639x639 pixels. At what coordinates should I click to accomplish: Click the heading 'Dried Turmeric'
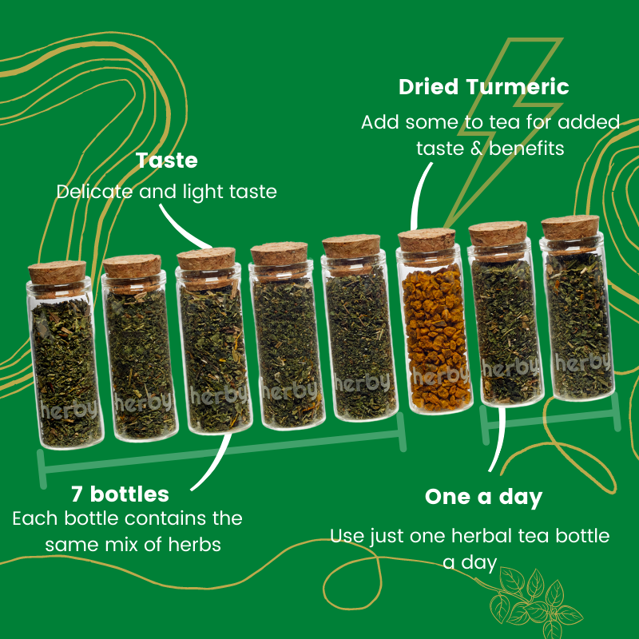pyautogui.click(x=484, y=87)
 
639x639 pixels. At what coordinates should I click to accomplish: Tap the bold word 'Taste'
pyautogui.click(x=167, y=161)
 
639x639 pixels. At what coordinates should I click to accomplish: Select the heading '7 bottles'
pyautogui.click(x=120, y=494)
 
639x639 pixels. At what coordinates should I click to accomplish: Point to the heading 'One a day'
pyautogui.click(x=484, y=497)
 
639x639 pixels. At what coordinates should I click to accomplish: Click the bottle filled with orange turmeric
pyautogui.click(x=435, y=322)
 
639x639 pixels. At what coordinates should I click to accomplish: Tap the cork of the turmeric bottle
pyautogui.click(x=427, y=240)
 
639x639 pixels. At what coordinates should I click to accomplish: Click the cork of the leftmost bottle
pyautogui.click(x=57, y=272)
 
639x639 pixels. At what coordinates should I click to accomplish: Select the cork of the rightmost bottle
pyautogui.click(x=570, y=227)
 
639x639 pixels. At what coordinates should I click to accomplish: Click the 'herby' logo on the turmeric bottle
pyautogui.click(x=439, y=375)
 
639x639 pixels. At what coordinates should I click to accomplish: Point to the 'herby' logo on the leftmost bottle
pyautogui.click(x=69, y=409)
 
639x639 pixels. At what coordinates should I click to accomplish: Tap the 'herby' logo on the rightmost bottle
pyautogui.click(x=583, y=362)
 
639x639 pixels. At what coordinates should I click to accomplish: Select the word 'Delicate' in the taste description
pyautogui.click(x=94, y=192)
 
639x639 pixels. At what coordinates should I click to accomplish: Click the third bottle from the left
pyautogui.click(x=214, y=340)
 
